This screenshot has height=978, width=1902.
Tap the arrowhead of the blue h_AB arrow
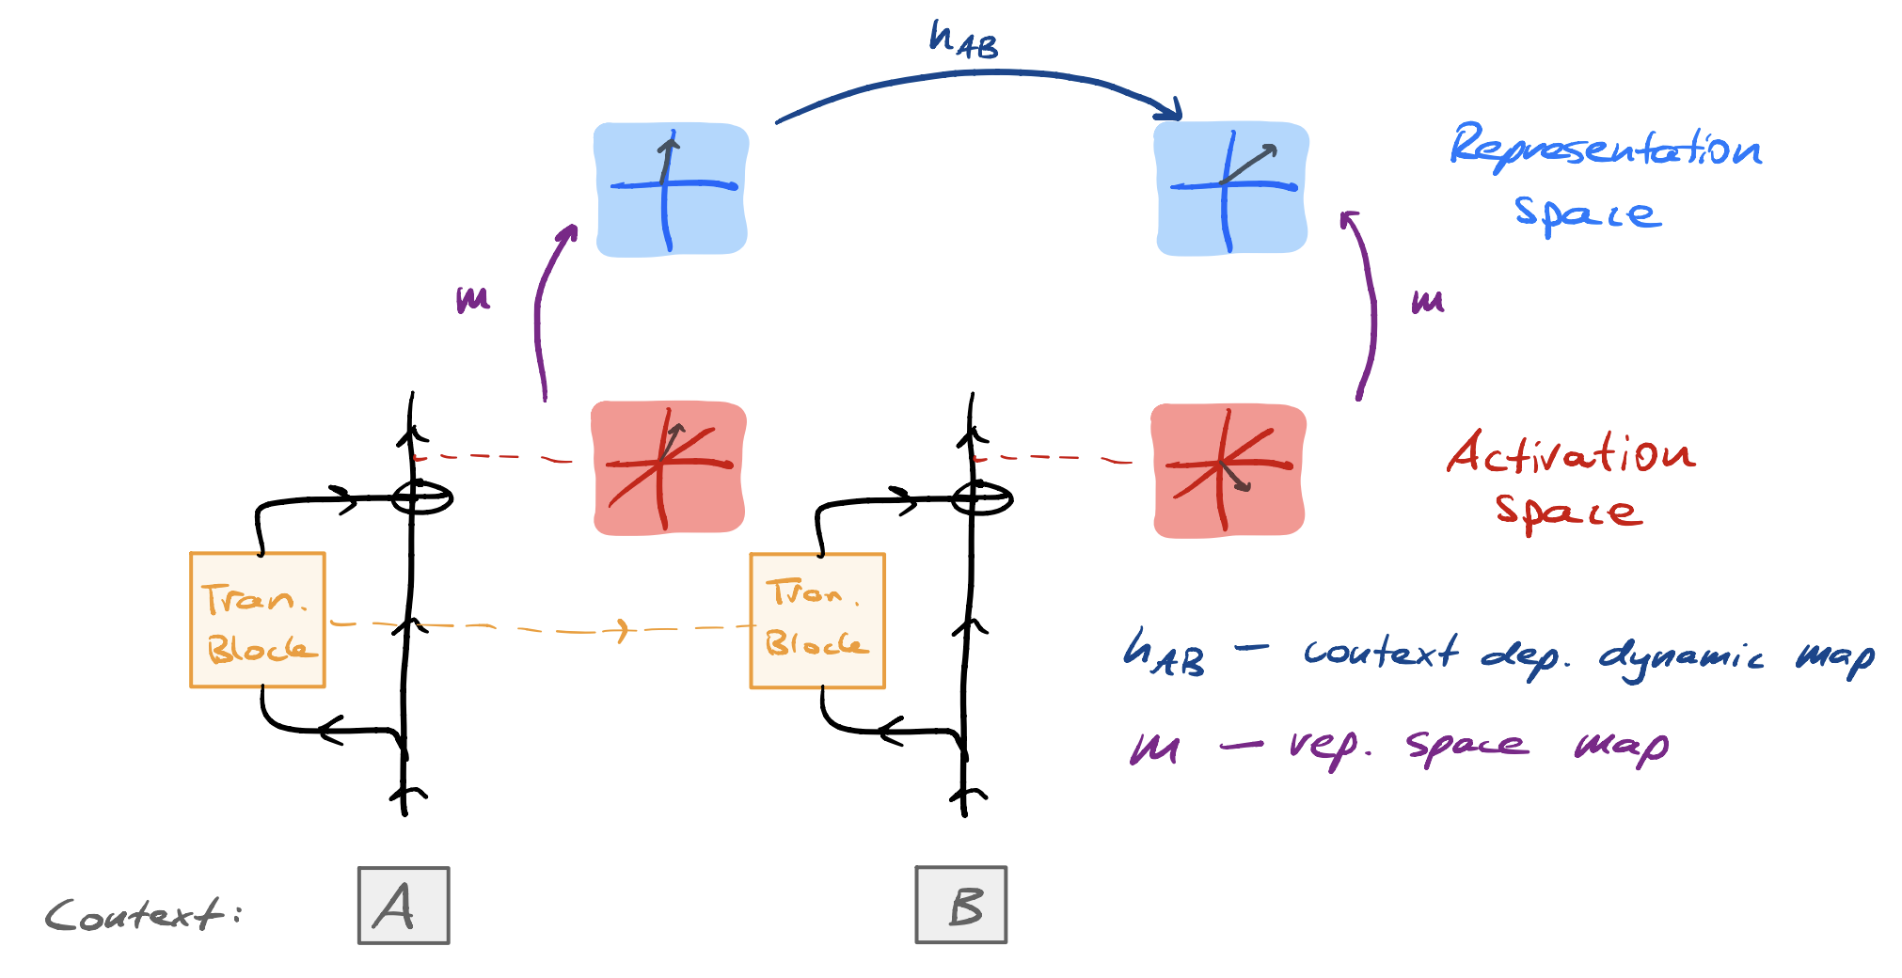point(1172,110)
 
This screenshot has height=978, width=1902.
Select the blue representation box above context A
point(671,188)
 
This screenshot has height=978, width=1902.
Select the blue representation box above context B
point(1230,188)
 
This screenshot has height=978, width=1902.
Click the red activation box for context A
point(668,467)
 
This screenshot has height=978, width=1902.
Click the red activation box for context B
point(1228,470)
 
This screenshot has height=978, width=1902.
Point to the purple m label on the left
point(472,300)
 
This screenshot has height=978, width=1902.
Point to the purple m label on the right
point(1427,301)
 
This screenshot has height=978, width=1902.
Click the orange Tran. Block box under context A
point(258,620)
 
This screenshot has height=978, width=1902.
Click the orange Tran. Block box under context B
point(816,621)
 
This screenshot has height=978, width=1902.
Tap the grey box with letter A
point(404,905)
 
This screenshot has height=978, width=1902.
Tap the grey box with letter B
point(960,905)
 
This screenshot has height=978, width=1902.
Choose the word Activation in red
point(1570,454)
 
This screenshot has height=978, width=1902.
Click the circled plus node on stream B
point(981,497)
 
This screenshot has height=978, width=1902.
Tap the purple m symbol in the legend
point(1154,748)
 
